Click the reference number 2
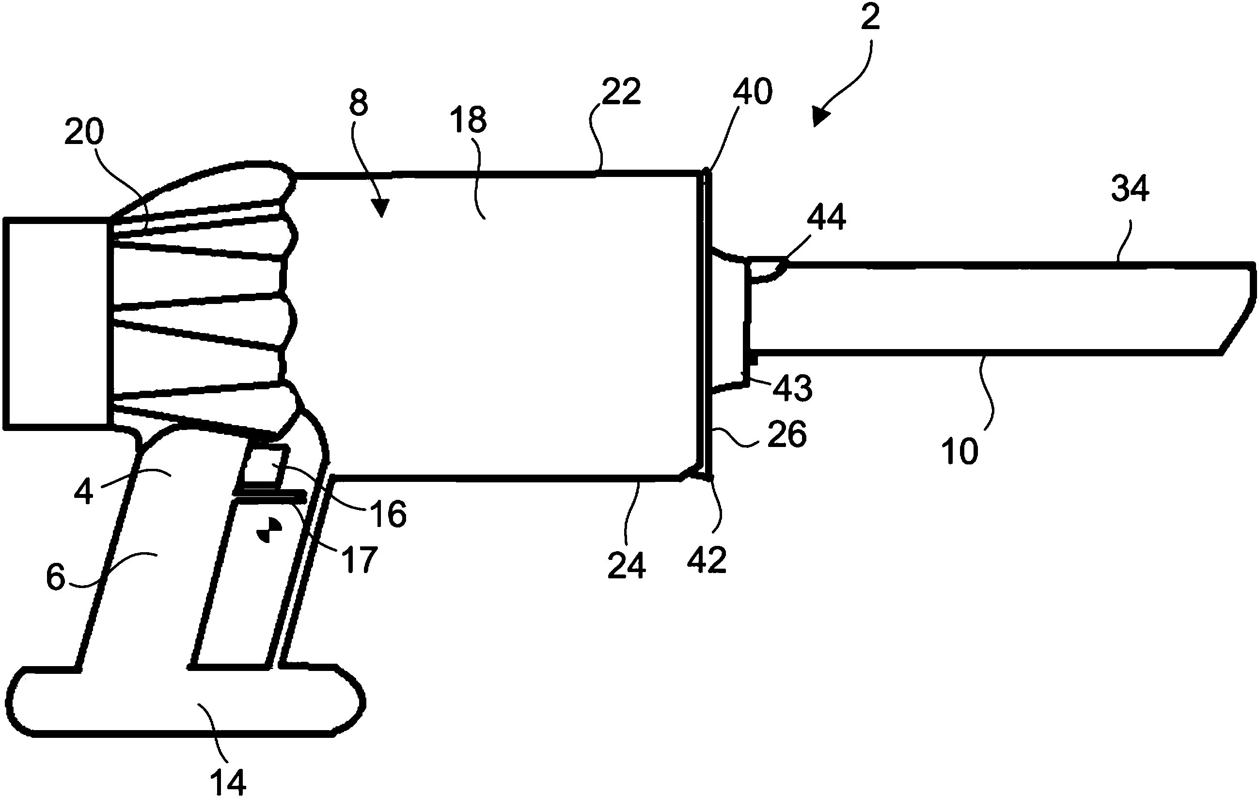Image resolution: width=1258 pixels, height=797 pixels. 870,19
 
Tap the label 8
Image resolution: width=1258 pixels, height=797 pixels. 359,103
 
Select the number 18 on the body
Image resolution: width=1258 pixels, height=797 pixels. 468,120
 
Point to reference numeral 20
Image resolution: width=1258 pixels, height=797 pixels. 84,132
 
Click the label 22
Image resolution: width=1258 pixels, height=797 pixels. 621,92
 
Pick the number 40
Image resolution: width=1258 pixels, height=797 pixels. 752,92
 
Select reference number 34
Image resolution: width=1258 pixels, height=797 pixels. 1130,188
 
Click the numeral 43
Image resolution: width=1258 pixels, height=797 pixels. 792,388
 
